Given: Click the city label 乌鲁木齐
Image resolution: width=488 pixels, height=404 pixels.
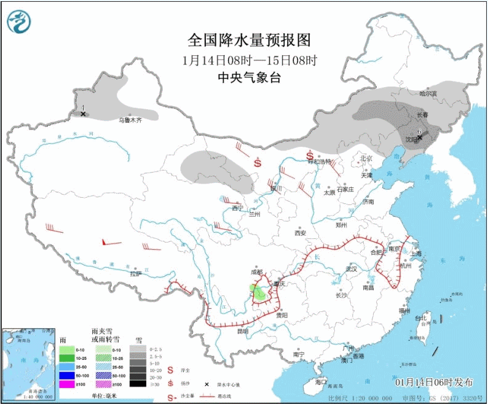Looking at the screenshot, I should tap(130, 120).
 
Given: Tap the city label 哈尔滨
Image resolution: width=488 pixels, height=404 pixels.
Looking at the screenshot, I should tap(428, 94).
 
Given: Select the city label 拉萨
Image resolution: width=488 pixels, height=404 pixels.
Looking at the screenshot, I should tap(135, 273).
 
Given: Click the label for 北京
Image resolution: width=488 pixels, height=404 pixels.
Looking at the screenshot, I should tap(366, 158).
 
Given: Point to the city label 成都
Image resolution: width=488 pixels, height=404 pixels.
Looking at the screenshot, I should tap(256, 272).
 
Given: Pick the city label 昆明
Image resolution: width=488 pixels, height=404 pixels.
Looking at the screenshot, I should tap(242, 331).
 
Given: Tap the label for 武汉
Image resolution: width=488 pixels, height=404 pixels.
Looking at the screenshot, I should tap(352, 269).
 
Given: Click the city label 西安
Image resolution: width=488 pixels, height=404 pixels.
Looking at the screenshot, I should tap(300, 233).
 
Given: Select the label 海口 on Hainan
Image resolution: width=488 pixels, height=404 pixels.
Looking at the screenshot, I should tap(320, 382).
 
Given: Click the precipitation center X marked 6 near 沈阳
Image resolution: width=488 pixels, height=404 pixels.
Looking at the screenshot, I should tap(420, 138).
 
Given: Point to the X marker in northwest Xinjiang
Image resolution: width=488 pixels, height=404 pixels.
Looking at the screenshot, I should tap(83, 114).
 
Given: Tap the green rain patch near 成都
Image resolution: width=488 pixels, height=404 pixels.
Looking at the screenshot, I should tap(259, 292).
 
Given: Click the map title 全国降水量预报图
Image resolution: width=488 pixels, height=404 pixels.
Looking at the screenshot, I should tap(249, 41).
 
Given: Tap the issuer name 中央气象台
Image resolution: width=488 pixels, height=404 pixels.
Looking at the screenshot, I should tap(249, 77).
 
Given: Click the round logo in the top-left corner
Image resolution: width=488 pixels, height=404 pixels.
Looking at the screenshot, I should tap(18, 22).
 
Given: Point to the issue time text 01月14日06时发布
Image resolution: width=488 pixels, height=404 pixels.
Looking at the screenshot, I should tap(435, 382).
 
